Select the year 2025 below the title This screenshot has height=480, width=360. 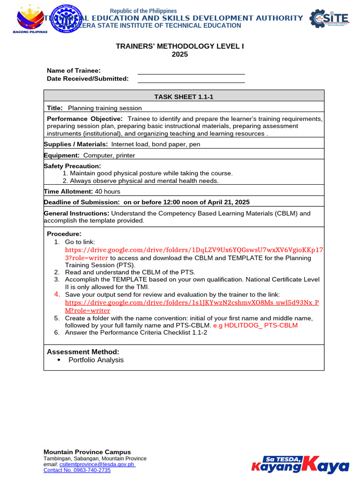(x=180, y=54)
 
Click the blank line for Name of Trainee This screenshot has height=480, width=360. (x=191, y=71)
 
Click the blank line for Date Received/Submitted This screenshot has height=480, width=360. (x=191, y=79)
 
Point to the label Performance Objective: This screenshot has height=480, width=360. (x=85, y=119)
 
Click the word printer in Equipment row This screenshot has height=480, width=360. (x=124, y=155)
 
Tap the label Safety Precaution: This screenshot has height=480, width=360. (x=72, y=166)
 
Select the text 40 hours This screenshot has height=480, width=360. (x=107, y=191)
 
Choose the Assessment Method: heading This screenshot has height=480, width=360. (x=83, y=352)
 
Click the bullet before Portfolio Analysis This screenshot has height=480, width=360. (x=59, y=360)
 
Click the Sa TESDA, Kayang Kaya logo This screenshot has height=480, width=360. (x=300, y=464)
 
